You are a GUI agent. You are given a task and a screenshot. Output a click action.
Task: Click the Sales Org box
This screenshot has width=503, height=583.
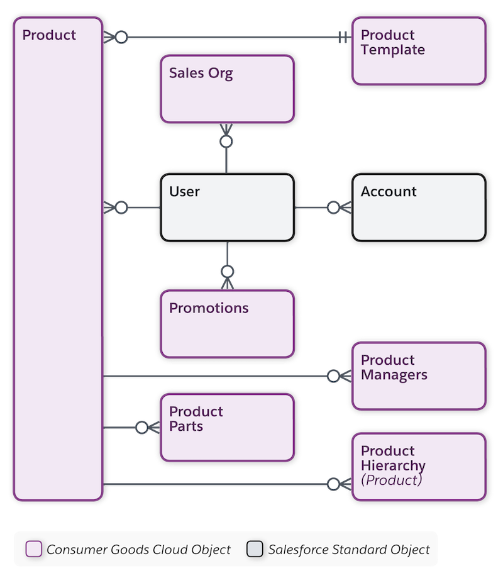coord(226,89)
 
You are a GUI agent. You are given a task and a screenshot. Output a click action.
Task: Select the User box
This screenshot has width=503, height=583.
coord(226,208)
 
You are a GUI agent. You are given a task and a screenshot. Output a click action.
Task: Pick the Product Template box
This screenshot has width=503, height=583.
coord(419,51)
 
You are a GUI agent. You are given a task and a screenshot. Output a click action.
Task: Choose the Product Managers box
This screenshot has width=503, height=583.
coord(418,376)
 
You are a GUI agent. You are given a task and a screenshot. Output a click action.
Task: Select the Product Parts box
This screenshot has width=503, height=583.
coord(226,427)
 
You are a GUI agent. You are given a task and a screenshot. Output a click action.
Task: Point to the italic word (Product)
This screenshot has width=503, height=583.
coord(391,480)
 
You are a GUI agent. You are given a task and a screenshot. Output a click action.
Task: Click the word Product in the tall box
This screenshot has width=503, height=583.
coord(49,35)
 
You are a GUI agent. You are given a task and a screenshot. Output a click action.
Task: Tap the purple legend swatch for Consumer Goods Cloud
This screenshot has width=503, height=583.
coord(33,549)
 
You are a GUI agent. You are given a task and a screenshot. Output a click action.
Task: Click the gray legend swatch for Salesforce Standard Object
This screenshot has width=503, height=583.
coord(255,549)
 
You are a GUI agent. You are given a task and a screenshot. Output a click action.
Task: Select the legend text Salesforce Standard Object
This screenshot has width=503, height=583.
coord(349,549)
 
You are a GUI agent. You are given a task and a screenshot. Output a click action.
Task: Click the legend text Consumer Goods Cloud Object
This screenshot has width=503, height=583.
coord(138,549)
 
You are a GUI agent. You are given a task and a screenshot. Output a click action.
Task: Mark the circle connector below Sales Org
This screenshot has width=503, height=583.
coord(227,142)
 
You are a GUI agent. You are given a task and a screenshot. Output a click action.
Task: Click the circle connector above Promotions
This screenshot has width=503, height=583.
coord(227,272)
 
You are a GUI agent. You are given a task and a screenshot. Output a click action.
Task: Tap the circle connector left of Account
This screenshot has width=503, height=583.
coord(333,208)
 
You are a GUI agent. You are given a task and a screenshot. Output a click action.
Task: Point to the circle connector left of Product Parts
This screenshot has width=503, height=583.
coord(142,428)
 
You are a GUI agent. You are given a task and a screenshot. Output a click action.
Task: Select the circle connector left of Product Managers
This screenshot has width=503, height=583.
coord(333,376)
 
